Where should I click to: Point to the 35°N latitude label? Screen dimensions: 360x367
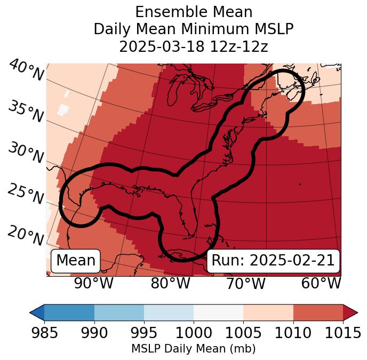pyautogui.click(x=26, y=112)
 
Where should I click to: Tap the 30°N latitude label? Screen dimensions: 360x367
pyautogui.click(x=25, y=153)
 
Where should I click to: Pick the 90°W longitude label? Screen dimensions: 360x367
pyautogui.click(x=94, y=284)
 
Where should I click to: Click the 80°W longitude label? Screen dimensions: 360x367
pyautogui.click(x=170, y=284)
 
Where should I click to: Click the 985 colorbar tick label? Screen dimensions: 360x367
pyautogui.click(x=45, y=333)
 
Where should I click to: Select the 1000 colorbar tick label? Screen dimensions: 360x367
pyautogui.click(x=194, y=333)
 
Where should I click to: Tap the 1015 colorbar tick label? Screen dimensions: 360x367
pyautogui.click(x=342, y=333)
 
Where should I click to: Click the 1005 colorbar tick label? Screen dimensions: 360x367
pyautogui.click(x=243, y=333)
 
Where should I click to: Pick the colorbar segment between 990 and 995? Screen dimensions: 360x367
pyautogui.click(x=119, y=312)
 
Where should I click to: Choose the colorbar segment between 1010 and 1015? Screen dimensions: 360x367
pyautogui.click(x=318, y=312)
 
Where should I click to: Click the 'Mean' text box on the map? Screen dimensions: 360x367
pyautogui.click(x=76, y=261)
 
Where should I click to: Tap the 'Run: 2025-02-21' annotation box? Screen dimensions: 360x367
pyautogui.click(x=273, y=261)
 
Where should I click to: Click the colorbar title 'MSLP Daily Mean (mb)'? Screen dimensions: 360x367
pyautogui.click(x=193, y=349)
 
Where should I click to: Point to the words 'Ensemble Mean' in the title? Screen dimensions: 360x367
pyautogui.click(x=194, y=12)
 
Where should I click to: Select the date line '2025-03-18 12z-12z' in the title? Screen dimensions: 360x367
pyautogui.click(x=194, y=46)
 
